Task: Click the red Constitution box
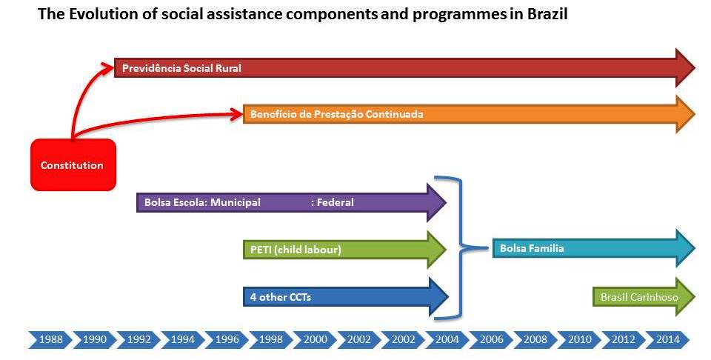point(73,164)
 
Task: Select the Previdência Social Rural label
point(182,68)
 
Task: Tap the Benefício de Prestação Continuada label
point(337,114)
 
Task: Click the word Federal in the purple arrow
point(335,202)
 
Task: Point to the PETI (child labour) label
point(296,250)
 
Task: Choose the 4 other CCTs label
point(281,298)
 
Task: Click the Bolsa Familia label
point(532,248)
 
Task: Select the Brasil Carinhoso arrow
point(644,297)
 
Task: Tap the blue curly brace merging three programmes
point(461,247)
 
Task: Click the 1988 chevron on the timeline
point(50,339)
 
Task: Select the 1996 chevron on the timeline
point(227,339)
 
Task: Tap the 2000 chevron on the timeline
point(315,339)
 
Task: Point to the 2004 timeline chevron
point(447,339)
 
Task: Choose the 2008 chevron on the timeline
point(535,339)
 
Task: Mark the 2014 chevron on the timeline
point(667,339)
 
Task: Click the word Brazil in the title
point(547,14)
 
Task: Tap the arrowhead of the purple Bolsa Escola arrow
point(437,202)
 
